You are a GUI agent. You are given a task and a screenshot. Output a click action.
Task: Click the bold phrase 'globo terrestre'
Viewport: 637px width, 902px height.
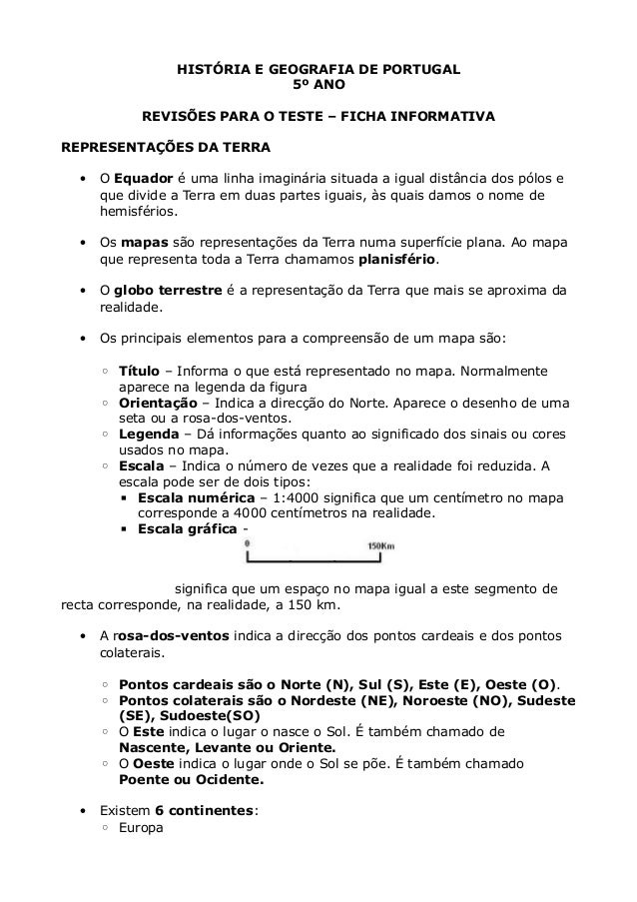tap(168, 292)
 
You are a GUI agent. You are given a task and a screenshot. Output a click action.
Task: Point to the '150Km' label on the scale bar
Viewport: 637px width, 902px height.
tap(382, 545)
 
